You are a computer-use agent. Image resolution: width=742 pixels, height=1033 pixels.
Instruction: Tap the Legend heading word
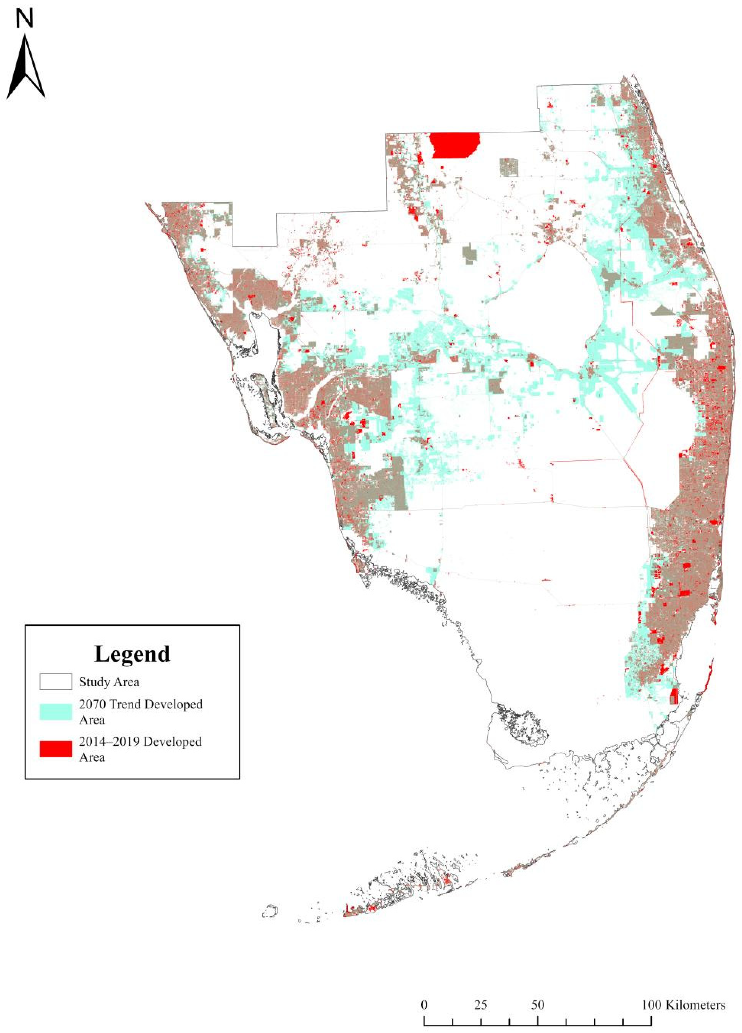(132, 653)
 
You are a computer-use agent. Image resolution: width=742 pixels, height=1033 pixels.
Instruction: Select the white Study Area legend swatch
(55, 682)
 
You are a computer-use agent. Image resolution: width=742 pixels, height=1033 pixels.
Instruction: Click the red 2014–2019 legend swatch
(55, 749)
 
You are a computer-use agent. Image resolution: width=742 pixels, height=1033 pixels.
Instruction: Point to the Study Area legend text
(109, 682)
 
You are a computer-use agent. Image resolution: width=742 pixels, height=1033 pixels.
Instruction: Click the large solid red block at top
(455, 145)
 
